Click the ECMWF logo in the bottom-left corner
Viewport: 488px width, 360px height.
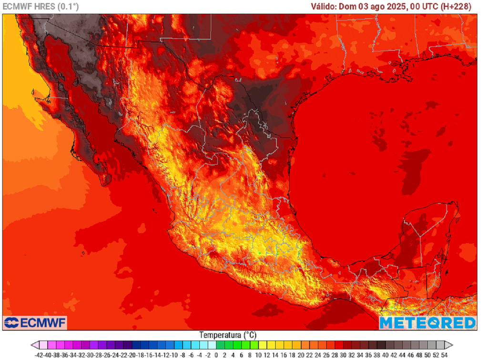(x=35, y=322)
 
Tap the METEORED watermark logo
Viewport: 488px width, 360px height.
(x=427, y=323)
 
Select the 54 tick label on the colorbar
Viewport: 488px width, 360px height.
(x=444, y=355)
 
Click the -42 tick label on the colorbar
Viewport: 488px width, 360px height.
(x=40, y=355)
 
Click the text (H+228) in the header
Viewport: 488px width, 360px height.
(x=455, y=6)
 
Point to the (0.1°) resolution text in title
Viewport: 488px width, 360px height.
(x=68, y=6)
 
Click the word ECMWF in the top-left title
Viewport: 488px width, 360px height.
(x=17, y=6)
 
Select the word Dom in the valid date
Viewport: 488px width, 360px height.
(x=351, y=6)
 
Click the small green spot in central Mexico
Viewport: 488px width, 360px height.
(x=259, y=252)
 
